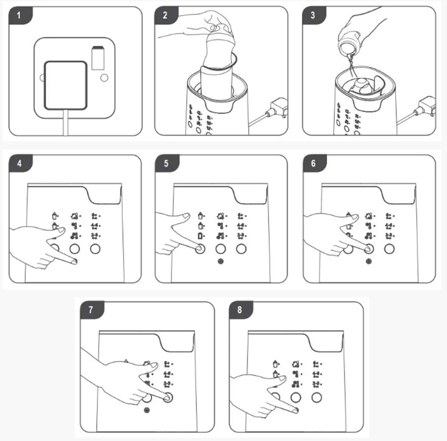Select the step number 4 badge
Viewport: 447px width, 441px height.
(x=20, y=164)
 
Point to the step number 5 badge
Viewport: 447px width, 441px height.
(x=167, y=164)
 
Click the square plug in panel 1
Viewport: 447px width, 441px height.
(x=66, y=85)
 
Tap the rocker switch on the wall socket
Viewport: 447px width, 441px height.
(x=98, y=58)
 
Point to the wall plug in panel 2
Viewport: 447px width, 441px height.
(x=278, y=108)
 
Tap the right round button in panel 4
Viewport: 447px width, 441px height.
(x=95, y=249)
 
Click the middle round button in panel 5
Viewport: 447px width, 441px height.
(x=221, y=249)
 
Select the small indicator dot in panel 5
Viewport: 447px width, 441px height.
(x=221, y=261)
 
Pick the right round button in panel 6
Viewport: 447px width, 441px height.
(x=389, y=249)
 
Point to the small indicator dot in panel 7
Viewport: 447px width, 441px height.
(x=147, y=410)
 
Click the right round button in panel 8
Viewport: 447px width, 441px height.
(x=317, y=397)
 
